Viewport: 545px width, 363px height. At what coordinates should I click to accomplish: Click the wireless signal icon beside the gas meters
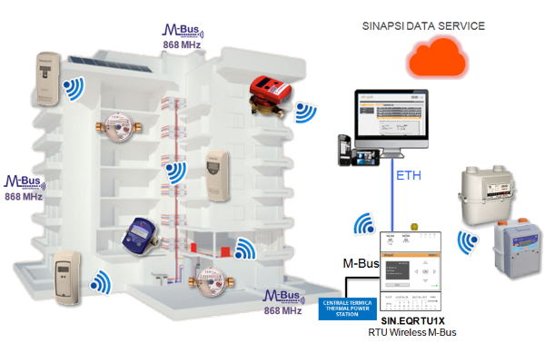tap(469, 242)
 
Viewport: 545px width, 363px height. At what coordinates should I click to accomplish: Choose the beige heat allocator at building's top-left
tap(46, 73)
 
